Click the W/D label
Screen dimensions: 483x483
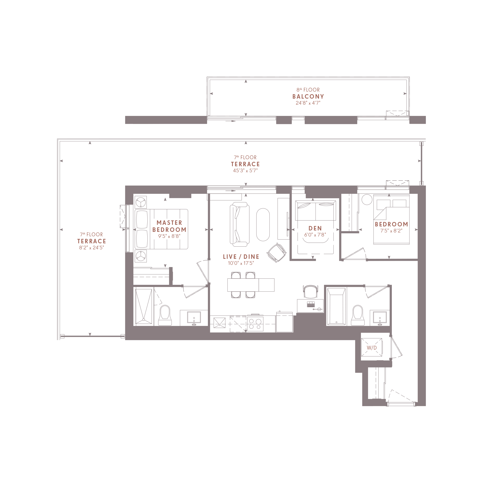[x=372, y=348]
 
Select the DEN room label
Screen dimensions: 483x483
[x=315, y=228]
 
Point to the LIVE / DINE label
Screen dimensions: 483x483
[x=241, y=257]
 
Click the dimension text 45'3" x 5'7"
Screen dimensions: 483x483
[x=245, y=170]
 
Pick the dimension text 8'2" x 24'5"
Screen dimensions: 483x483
[x=92, y=248]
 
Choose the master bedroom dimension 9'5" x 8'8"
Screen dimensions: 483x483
[x=169, y=236]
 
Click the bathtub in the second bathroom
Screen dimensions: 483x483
[x=336, y=306]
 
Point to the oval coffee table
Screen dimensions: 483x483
[x=263, y=225]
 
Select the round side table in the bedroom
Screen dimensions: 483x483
[x=367, y=199]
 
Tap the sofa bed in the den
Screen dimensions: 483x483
[x=316, y=211]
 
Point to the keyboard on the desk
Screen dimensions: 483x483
[x=311, y=304]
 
